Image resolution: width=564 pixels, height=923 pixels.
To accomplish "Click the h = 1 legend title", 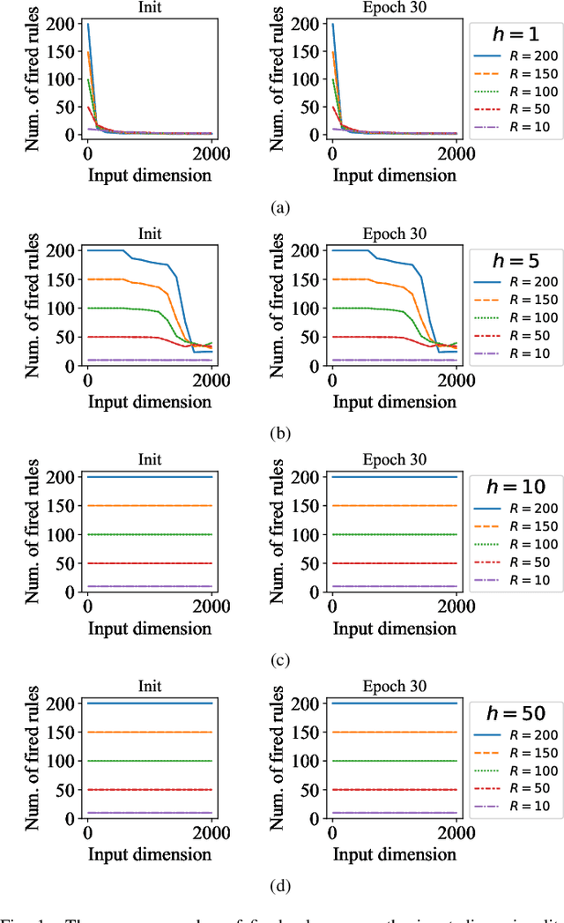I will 516,34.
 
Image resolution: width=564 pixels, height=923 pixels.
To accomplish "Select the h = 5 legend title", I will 516,261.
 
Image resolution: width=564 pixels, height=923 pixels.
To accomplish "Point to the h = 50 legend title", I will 516,713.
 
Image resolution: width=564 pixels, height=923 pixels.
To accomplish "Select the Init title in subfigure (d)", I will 149,687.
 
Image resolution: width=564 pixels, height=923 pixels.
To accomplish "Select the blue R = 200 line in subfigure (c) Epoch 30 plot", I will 394,477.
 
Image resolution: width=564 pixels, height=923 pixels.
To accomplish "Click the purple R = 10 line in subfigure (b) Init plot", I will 149,360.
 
